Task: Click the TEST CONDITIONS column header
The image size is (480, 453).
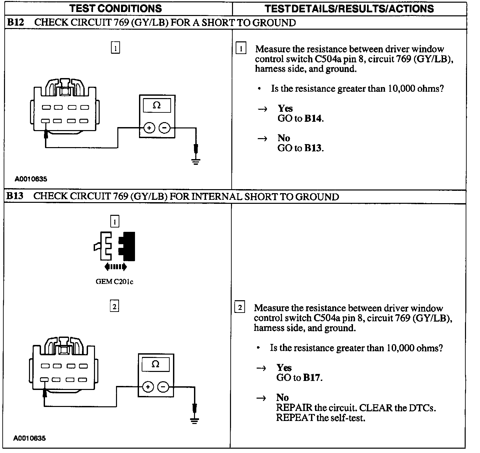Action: (116, 8)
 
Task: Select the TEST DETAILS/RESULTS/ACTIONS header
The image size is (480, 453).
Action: (349, 8)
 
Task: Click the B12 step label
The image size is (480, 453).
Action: (15, 22)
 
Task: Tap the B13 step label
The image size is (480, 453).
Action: (15, 196)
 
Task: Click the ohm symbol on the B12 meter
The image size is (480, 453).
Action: (157, 105)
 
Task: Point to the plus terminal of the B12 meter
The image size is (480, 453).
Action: (149, 128)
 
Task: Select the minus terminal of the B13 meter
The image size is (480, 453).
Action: (163, 387)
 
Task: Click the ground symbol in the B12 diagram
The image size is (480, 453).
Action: (196, 162)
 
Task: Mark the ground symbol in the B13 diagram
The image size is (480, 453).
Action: (194, 420)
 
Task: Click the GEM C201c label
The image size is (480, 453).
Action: (114, 282)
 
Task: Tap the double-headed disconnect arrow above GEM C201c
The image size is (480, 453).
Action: (115, 267)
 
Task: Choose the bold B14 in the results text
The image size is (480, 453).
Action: (313, 118)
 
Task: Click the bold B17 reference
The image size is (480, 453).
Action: (312, 378)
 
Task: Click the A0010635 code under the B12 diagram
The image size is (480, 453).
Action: (31, 179)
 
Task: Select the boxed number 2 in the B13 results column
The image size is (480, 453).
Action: (240, 307)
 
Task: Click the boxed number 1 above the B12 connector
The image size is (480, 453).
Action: (115, 48)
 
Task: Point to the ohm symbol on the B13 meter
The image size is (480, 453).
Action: (155, 364)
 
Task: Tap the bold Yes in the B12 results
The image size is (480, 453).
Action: (285, 108)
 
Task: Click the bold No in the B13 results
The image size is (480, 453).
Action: (282, 397)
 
